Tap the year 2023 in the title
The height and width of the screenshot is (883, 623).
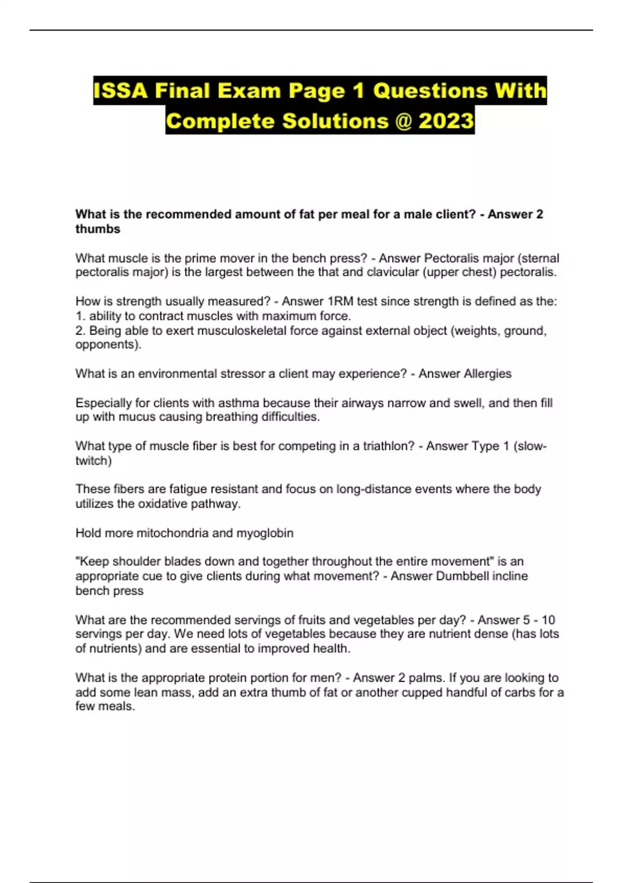[x=446, y=121]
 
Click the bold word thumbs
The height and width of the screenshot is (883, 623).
[x=98, y=229]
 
